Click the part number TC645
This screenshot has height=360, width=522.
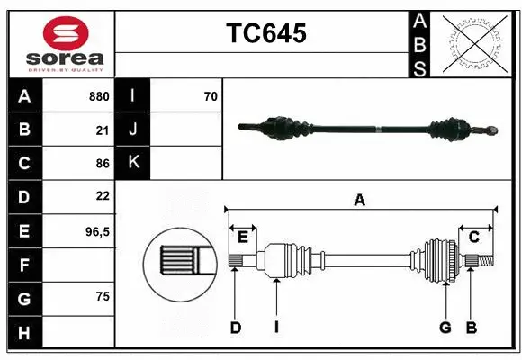tap(266, 33)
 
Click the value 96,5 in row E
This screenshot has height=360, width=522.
tap(97, 231)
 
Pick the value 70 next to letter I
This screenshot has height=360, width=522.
tap(211, 96)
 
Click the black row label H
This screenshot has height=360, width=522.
tap(24, 333)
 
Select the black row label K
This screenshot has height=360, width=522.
tap(133, 163)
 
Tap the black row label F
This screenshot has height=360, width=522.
tap(24, 265)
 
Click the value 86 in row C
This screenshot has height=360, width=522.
tap(103, 164)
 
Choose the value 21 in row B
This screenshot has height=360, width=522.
tap(103, 130)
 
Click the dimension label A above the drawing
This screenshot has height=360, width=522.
tap(360, 201)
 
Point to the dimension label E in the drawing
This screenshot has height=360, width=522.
tap(243, 237)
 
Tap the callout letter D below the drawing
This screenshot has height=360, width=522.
tap(235, 328)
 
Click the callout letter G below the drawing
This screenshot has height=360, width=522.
tap(445, 328)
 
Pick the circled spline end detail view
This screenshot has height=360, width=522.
tap(178, 262)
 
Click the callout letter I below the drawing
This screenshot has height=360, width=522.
tap(277, 328)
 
